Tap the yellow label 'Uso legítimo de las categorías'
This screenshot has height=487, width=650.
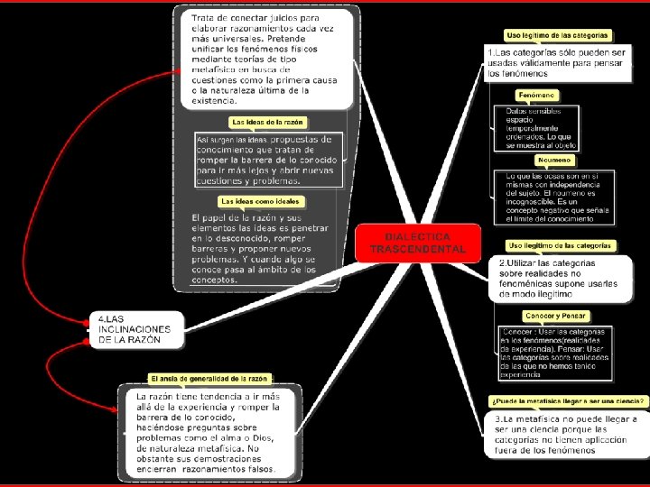pos(558,35)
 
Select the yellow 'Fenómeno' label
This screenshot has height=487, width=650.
pos(536,95)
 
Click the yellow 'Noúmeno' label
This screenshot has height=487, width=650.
pos(553,160)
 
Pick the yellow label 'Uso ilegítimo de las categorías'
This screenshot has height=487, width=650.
pos(559,245)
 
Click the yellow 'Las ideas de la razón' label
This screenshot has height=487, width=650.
pos(268,121)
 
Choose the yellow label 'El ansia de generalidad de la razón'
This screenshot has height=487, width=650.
pos(209,379)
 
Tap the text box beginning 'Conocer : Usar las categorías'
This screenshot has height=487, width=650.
pos(554,352)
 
